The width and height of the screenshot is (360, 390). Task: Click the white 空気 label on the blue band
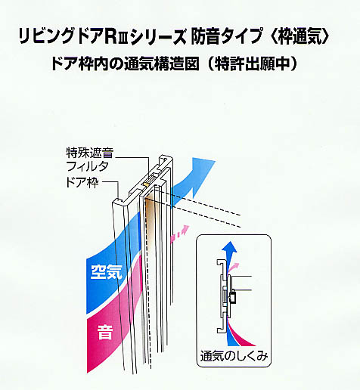(x=107, y=272)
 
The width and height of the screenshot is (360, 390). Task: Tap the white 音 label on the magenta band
(x=105, y=332)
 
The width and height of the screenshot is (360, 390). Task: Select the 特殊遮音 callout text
(x=90, y=152)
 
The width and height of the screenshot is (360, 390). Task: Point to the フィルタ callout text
(x=88, y=166)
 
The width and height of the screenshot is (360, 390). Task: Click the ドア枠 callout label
(x=82, y=182)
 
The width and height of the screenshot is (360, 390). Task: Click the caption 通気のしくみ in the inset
(x=234, y=356)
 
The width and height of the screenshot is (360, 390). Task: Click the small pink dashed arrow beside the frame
(x=180, y=234)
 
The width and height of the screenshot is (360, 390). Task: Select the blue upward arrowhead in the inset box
(x=229, y=247)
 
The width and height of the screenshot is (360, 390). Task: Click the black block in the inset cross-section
(x=232, y=297)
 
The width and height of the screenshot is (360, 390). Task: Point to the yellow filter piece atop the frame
(x=145, y=184)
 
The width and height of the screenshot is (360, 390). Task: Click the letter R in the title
(x=110, y=37)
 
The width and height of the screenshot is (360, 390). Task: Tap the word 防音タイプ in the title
(x=226, y=37)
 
